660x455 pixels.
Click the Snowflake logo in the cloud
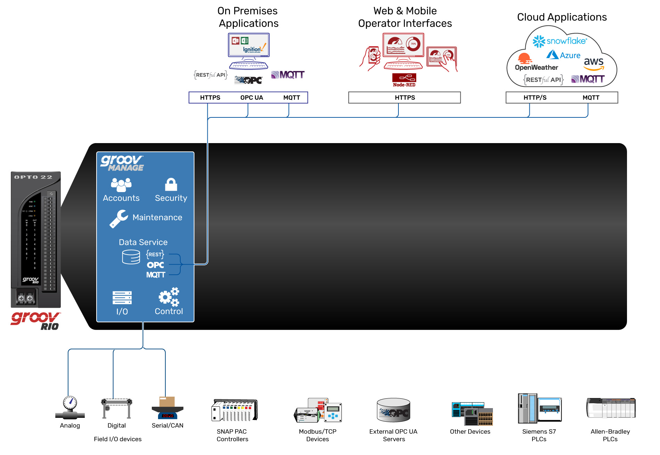click(560, 41)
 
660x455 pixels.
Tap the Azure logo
click(563, 55)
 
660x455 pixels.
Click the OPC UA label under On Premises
click(251, 98)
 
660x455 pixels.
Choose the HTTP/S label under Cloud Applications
click(535, 98)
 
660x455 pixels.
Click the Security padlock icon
click(171, 185)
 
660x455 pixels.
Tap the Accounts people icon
click(121, 185)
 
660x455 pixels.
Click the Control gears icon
click(169, 297)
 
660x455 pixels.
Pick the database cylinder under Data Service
click(131, 257)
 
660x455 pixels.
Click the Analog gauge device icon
click(70, 408)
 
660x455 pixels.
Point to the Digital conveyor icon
click(117, 408)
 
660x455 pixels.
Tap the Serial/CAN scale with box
click(167, 408)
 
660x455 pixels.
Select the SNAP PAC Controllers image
click(235, 410)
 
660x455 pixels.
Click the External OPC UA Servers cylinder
click(394, 410)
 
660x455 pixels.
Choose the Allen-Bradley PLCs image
click(611, 408)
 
